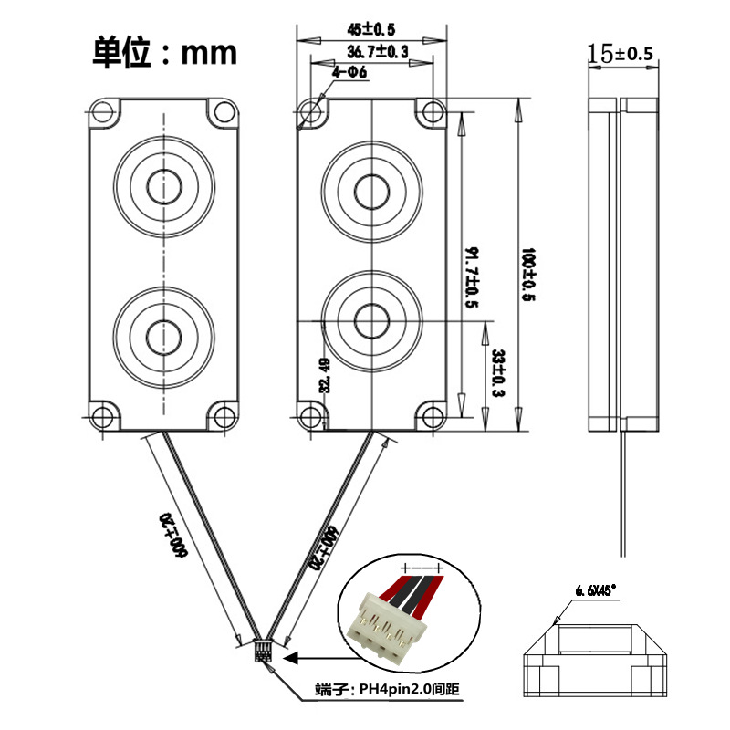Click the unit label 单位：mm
(164, 52)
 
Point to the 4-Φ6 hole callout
(349, 73)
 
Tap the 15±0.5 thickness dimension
(621, 54)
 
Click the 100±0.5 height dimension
(527, 274)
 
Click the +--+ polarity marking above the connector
(422, 568)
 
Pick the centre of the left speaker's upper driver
(164, 185)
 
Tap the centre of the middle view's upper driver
(371, 191)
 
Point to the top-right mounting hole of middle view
(430, 111)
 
